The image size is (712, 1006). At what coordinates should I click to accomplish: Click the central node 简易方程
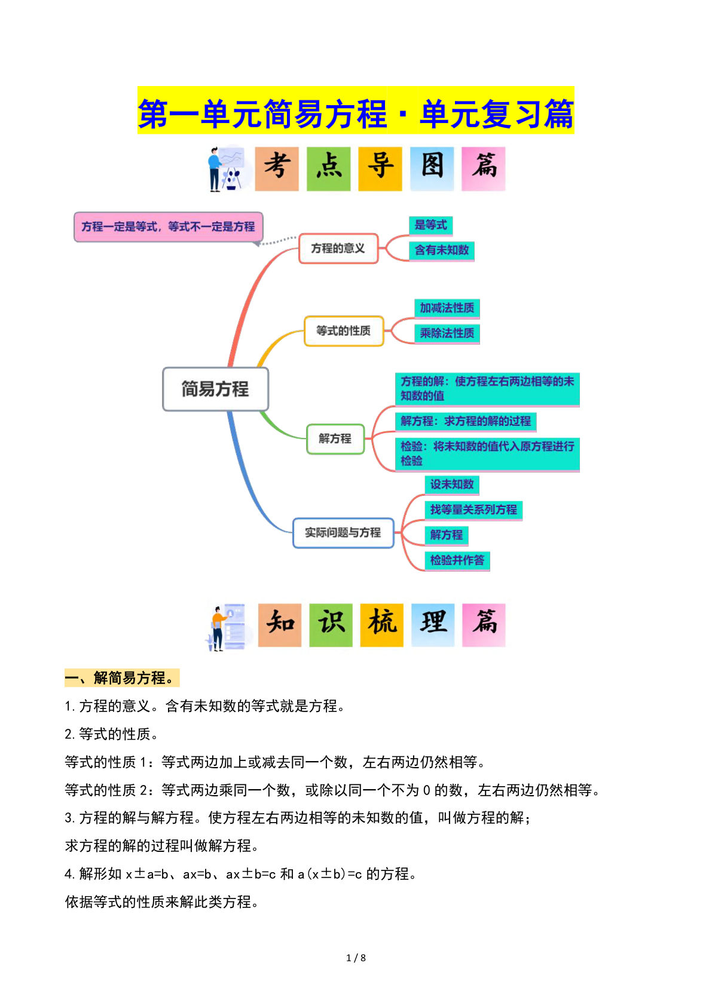point(215,389)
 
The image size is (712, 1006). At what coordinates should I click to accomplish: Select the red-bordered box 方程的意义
point(338,249)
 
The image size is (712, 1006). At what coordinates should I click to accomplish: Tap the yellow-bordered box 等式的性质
point(344,331)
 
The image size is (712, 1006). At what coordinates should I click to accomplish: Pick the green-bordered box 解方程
point(335,439)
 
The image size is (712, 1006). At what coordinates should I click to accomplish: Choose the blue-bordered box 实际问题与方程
point(343,533)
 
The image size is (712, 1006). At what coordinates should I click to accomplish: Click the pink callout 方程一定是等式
point(168,227)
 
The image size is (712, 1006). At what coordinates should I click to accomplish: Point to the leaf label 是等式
point(430,225)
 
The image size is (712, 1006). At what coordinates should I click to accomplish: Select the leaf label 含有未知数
point(442,250)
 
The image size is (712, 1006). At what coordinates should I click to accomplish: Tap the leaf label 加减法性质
point(447,308)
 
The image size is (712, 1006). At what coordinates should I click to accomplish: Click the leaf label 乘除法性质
point(447,333)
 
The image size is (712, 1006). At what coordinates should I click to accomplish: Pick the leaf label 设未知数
point(452,484)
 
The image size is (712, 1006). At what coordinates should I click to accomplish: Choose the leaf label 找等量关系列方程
point(473,510)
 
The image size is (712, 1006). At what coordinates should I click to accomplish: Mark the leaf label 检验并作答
point(457,560)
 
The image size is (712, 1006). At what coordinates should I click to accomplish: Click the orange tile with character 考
point(277,169)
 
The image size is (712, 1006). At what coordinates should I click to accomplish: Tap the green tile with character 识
point(331,625)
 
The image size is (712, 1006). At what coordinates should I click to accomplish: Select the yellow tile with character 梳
point(382,625)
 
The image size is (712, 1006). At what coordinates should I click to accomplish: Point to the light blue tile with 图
point(432,169)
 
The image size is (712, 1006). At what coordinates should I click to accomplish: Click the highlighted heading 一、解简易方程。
point(121,678)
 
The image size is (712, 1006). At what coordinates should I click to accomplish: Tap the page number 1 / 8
point(356,958)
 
